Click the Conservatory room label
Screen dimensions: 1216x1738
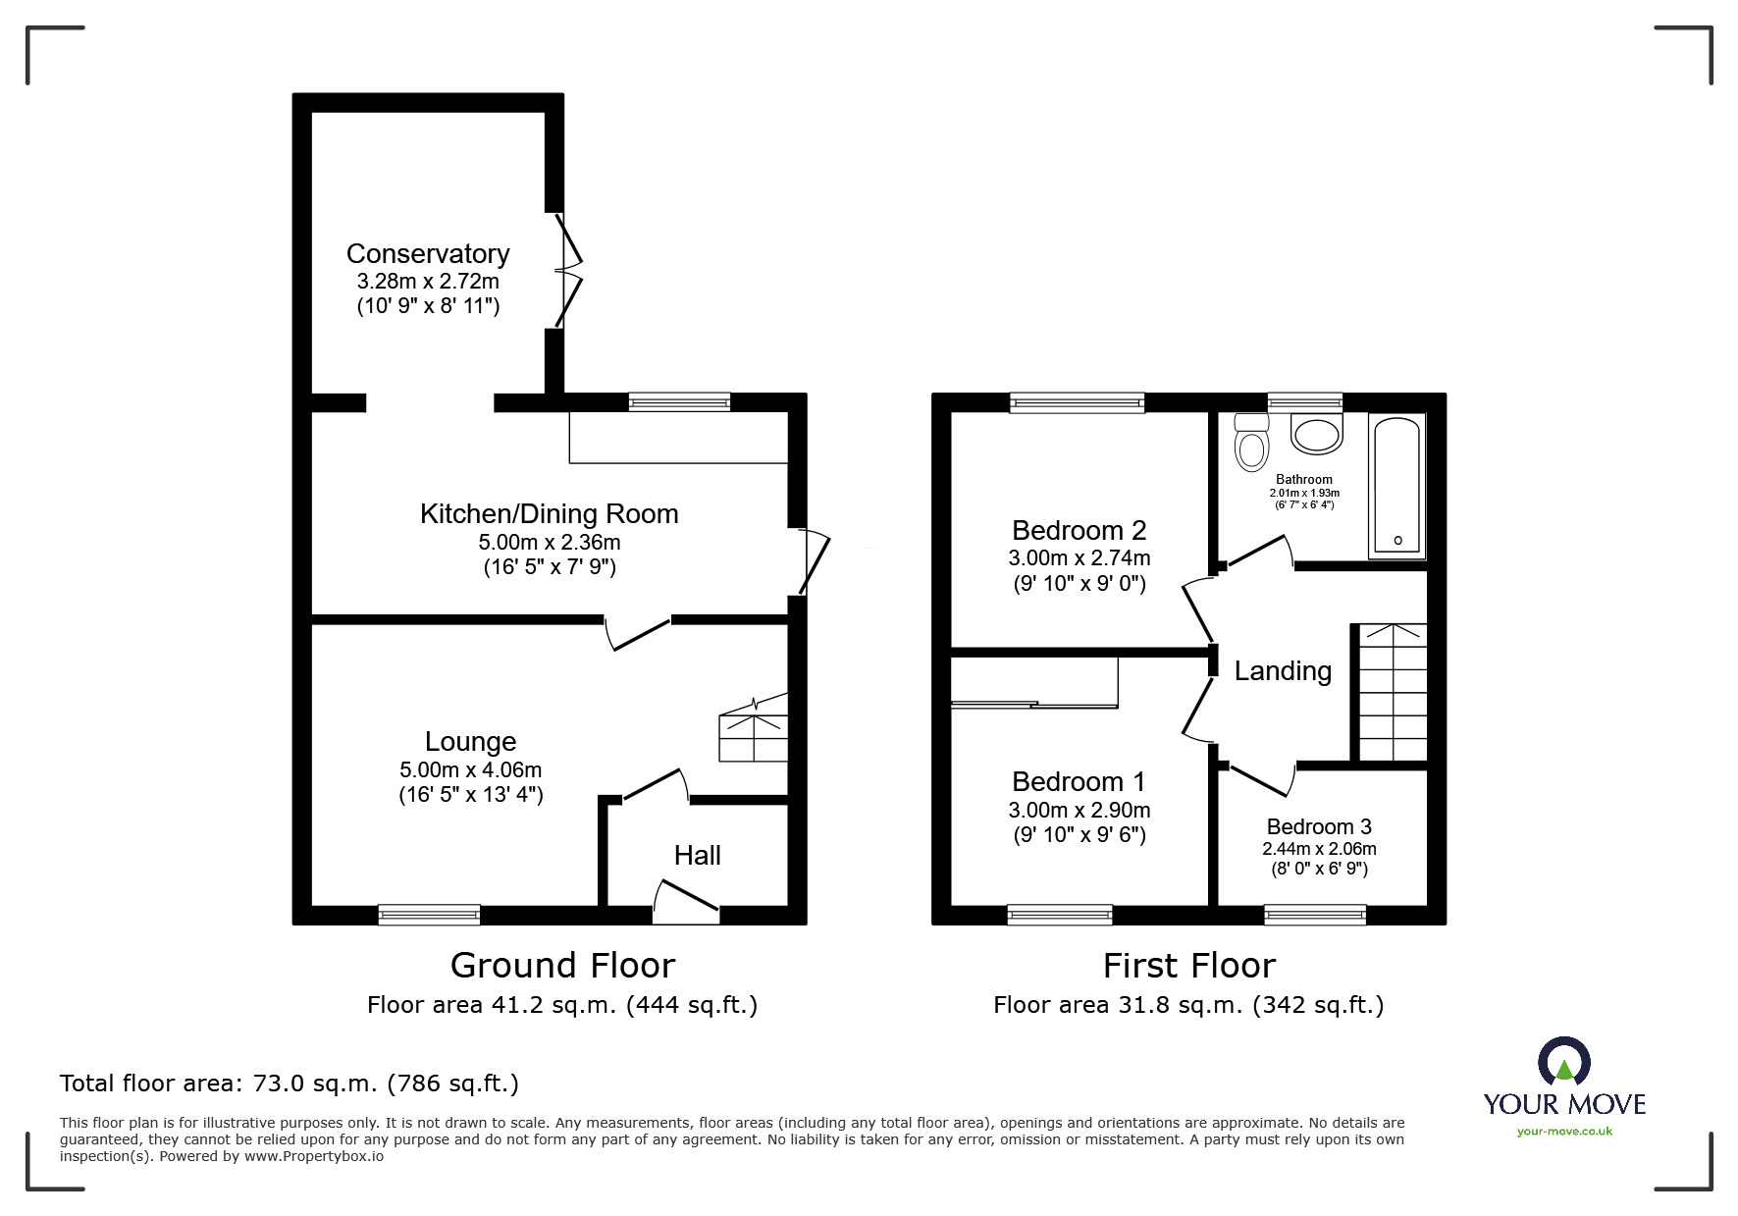coord(428,253)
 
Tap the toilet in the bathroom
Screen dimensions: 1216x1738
coord(1251,445)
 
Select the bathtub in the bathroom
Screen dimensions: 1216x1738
coord(1397,486)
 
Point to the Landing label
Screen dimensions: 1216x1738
coord(1283,671)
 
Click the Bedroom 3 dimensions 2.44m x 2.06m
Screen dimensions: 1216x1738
coord(1319,849)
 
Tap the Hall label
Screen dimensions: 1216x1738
coord(697,855)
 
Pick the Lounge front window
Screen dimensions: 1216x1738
coord(430,915)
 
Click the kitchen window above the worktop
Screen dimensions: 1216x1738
coord(679,401)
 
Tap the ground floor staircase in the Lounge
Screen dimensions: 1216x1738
coord(754,727)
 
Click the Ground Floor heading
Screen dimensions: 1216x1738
coord(562,966)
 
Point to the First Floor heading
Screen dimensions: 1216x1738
coord(1188,966)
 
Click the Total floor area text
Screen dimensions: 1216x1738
coord(290,1084)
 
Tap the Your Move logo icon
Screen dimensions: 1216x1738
coord(1563,1063)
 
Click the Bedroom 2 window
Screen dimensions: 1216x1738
coord(1078,401)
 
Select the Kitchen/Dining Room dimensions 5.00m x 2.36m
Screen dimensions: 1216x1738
coord(549,542)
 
